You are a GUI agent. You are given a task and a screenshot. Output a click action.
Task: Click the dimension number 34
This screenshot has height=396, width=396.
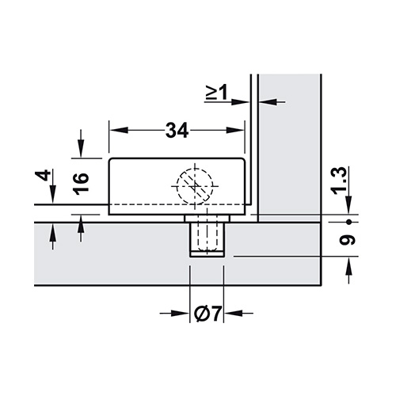point(177,130)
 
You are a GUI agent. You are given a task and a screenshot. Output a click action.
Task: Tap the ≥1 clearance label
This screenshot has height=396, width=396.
point(216,93)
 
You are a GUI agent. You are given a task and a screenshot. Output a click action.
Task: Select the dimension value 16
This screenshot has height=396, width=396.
point(81,184)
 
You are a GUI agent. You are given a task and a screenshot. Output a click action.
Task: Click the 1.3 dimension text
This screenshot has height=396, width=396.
point(339,181)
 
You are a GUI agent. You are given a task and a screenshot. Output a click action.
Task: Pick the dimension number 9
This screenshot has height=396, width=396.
point(348,240)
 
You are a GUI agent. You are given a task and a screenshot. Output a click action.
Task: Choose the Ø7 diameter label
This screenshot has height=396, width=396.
point(208,314)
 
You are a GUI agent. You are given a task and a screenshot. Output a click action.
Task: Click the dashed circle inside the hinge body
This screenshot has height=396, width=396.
point(195,186)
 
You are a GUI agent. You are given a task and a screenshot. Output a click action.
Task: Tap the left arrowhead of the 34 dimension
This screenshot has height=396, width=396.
point(119,130)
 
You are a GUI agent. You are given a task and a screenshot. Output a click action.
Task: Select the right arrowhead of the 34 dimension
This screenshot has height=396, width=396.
point(234,130)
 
